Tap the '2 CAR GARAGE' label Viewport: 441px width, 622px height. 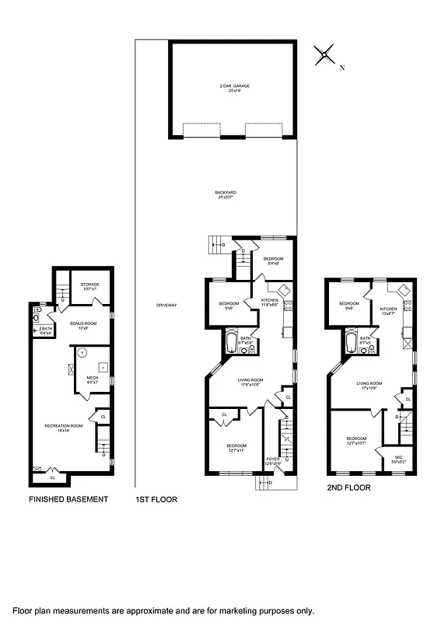click(x=233, y=87)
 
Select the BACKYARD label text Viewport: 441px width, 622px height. click(x=226, y=194)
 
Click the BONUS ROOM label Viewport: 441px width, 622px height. click(x=81, y=324)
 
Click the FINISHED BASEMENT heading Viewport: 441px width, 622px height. click(x=68, y=499)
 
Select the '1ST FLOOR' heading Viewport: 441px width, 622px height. click(x=156, y=499)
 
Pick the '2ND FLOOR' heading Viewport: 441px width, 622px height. click(x=348, y=488)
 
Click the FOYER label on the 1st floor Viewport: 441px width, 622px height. click(x=272, y=460)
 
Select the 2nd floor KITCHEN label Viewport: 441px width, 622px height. click(x=389, y=309)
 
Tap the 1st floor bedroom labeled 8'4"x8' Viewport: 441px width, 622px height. click(x=272, y=260)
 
